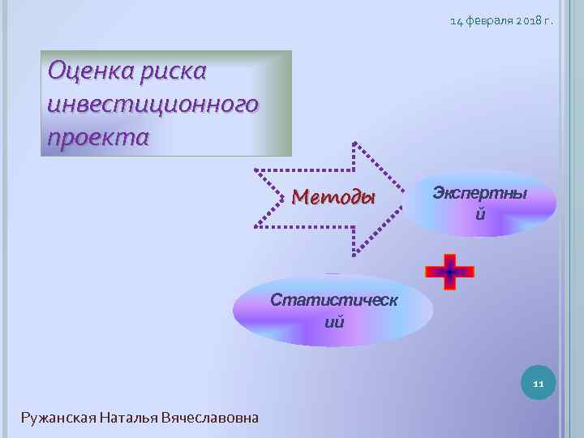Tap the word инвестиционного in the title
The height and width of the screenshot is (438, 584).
coord(153,104)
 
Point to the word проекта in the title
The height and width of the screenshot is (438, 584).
coord(98,136)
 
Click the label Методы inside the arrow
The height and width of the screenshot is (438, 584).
coord(333,197)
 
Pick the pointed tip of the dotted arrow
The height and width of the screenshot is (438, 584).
coord(403,200)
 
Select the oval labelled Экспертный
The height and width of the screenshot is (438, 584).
coord(479,203)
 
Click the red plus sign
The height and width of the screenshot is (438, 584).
coord(449,272)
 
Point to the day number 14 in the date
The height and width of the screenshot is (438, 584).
coord(457,21)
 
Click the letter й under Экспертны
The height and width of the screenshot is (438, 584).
coord(480,215)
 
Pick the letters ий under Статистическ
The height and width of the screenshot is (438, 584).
coord(334,322)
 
